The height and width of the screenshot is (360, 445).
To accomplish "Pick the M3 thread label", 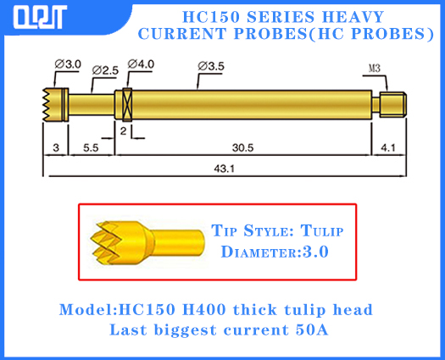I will click(375, 69).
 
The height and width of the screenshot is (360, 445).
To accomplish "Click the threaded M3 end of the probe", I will click(392, 105).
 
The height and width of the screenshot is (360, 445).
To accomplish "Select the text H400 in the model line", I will click(187, 308).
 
